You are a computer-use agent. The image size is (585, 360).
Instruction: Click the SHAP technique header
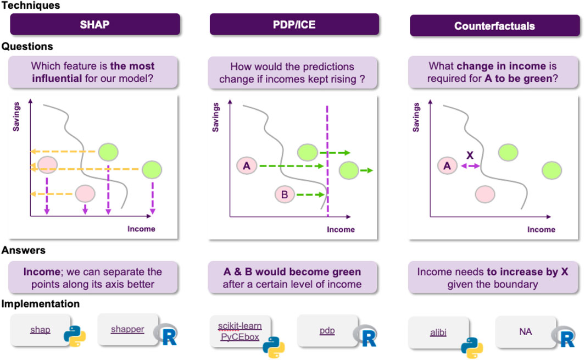[x=95, y=25]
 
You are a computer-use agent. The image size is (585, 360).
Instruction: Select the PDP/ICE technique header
[x=294, y=25]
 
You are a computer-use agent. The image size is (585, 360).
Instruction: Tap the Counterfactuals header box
[x=494, y=25]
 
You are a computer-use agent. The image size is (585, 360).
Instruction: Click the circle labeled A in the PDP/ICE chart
[x=247, y=165]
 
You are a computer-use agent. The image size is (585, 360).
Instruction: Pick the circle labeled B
[x=285, y=194]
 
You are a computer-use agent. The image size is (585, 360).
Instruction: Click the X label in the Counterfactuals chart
[x=470, y=155]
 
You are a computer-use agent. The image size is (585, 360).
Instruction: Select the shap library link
[x=40, y=330]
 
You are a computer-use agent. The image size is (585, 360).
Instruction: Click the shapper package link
[x=127, y=329]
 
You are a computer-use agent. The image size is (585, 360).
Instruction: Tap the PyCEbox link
[x=240, y=336]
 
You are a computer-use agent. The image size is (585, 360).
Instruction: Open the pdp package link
[x=327, y=330]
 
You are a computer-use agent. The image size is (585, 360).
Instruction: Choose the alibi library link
[x=438, y=332]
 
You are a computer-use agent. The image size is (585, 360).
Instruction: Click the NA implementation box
[x=525, y=331]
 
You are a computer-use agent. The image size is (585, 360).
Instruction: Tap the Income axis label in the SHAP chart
[x=141, y=229]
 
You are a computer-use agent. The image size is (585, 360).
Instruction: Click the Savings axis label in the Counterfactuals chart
[x=416, y=116]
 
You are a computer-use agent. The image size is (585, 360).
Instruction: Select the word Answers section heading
[x=23, y=250]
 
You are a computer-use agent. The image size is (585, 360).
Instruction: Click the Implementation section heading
[x=40, y=303]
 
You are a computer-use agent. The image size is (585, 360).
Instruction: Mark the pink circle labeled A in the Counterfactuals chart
[x=447, y=165]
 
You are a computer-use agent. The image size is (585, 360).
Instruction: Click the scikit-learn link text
[x=239, y=326]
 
